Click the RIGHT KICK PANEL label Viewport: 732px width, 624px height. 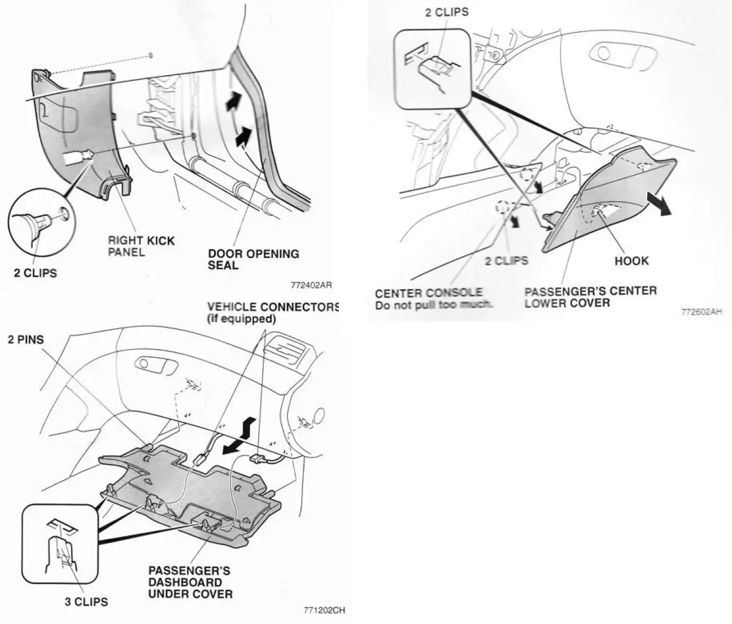click(x=141, y=246)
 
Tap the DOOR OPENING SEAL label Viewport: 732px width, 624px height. click(x=254, y=259)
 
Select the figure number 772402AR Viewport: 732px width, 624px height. click(x=311, y=285)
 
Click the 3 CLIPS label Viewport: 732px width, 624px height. click(x=85, y=602)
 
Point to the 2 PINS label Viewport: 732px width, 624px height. click(x=26, y=340)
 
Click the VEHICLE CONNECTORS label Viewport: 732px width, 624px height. click(x=273, y=307)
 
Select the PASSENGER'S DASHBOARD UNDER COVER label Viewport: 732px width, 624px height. click(x=190, y=582)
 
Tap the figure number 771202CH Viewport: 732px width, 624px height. click(x=324, y=610)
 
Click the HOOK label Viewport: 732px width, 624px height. click(x=631, y=261)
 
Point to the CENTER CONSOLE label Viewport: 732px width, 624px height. click(x=429, y=293)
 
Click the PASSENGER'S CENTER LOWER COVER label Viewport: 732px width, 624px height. click(x=590, y=297)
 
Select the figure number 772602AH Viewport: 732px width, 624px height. click(x=701, y=311)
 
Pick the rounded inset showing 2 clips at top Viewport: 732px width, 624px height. click(x=433, y=68)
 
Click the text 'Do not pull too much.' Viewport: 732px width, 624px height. click(x=434, y=305)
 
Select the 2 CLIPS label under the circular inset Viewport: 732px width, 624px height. click(x=35, y=273)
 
